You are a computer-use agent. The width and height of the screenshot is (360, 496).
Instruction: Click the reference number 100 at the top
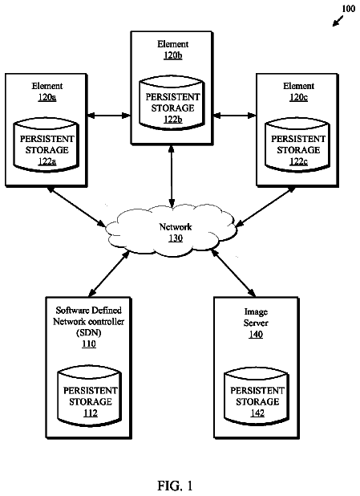coord(348,9)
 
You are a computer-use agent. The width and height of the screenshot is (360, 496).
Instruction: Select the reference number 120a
coord(47,97)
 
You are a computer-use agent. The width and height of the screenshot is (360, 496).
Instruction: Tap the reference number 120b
coord(173,55)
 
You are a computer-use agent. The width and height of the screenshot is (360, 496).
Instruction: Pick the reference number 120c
coord(298,97)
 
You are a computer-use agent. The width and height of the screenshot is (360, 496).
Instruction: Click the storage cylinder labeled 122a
coord(47,145)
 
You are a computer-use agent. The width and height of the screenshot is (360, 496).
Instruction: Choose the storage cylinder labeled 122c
coord(297,145)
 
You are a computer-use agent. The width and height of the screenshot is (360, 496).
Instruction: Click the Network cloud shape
coord(171,230)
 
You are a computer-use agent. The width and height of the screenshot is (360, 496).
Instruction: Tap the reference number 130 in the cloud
coord(176,238)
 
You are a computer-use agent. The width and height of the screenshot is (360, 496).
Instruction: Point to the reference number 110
coord(89,344)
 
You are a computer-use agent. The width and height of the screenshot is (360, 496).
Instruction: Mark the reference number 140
coord(256,334)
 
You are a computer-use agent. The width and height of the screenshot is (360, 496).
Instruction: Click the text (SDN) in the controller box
coord(89,332)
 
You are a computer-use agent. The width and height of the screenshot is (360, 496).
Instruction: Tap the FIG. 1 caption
coord(175,486)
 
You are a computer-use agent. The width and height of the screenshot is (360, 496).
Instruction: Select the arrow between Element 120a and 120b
coord(109,116)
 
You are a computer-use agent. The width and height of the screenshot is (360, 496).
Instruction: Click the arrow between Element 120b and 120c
coord(234,116)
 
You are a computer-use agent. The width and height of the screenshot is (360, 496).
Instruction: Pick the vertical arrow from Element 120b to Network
coord(172,177)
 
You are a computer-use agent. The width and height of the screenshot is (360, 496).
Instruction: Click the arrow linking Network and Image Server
coord(233,273)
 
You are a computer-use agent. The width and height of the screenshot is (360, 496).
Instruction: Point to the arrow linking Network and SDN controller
coord(109,274)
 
